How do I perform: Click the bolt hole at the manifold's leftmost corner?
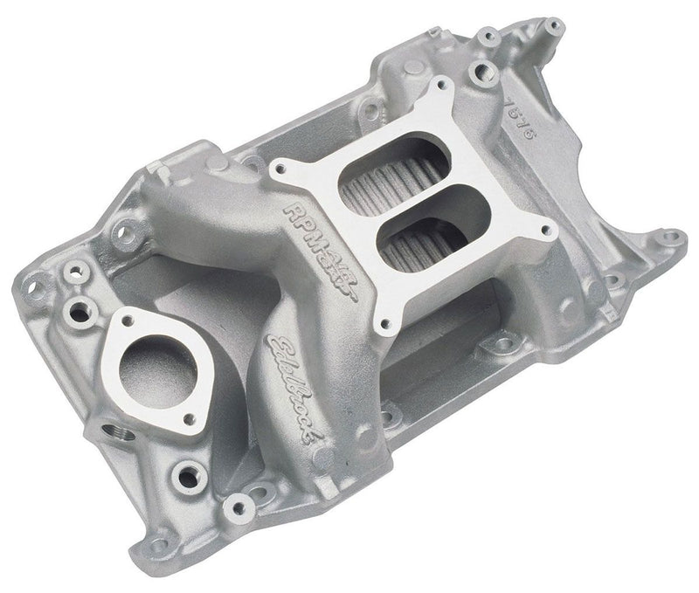[x=37, y=282]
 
